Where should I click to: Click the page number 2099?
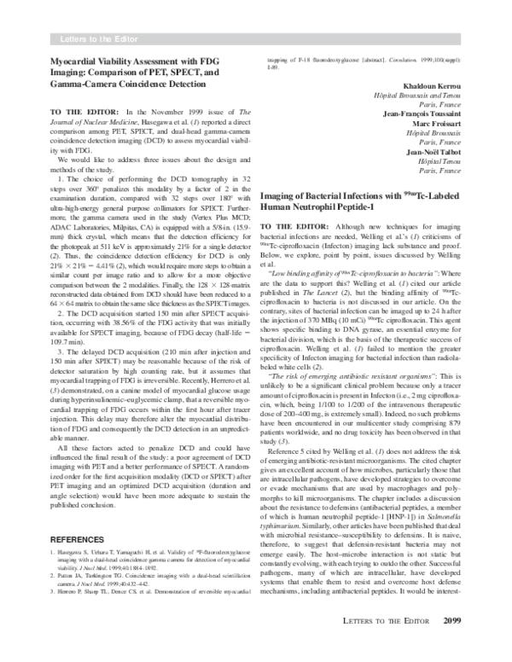click(452, 644)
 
